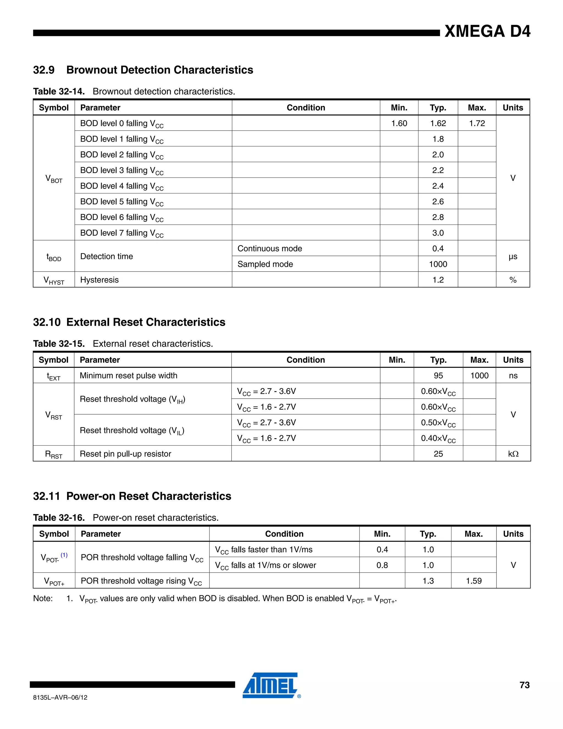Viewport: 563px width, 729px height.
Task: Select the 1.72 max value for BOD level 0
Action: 477,123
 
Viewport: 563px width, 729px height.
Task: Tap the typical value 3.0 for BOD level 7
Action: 438,233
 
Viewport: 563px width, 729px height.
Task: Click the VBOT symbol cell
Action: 54,179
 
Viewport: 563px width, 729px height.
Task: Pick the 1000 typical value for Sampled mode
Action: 438,264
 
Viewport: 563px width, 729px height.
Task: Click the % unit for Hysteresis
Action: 513,280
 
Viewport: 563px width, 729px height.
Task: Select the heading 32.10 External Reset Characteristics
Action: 129,322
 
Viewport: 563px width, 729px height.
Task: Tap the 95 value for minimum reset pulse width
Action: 438,376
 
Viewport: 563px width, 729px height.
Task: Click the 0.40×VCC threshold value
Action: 438,438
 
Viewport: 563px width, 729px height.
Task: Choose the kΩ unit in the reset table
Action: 513,454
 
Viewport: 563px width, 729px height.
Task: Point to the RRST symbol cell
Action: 53,454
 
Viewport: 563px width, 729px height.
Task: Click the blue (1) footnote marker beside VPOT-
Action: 64,555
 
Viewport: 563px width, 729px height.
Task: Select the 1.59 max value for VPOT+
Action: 473,581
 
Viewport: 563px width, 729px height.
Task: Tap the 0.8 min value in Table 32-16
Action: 382,565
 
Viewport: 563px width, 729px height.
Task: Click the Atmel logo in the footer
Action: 271,685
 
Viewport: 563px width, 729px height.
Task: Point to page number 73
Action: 524,685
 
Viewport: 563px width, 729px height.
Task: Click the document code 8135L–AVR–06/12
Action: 60,697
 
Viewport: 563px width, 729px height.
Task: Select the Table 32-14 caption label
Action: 59,91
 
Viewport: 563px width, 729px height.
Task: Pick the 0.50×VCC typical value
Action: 438,423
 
